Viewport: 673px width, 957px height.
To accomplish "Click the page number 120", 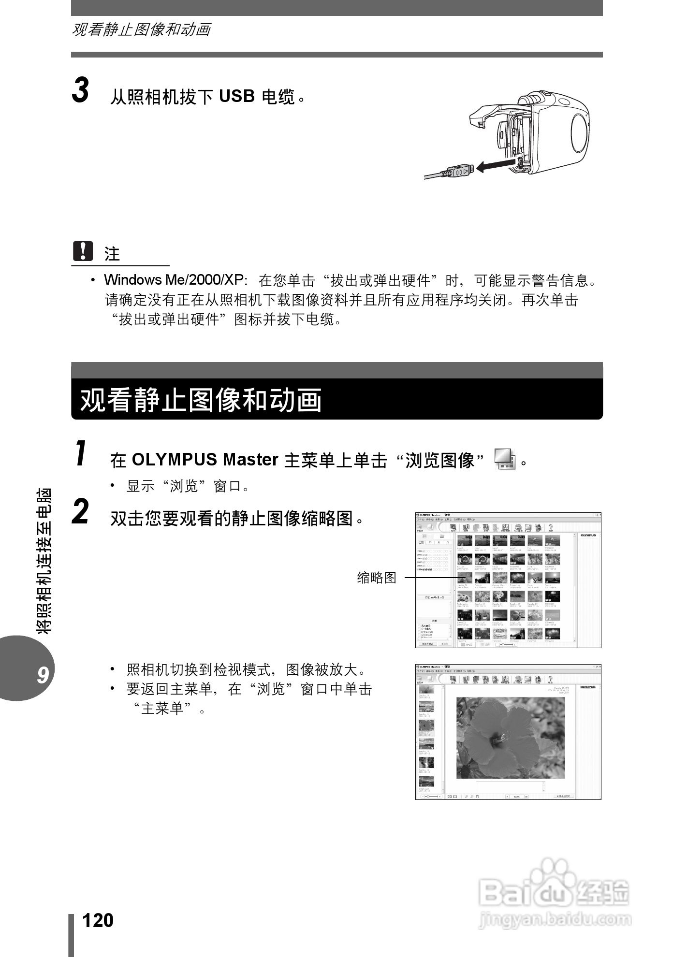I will tap(98, 920).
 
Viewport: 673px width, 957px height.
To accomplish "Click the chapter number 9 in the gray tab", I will tap(42, 675).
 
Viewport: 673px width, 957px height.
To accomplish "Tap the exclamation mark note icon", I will tap(83, 251).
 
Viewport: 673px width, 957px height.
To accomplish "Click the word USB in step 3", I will tap(237, 96).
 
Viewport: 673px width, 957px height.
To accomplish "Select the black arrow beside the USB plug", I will tap(494, 166).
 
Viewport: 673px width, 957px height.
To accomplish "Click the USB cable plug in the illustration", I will tap(459, 171).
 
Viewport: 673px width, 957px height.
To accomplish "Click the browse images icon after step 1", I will tap(505, 459).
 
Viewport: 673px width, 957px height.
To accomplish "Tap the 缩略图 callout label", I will tap(377, 577).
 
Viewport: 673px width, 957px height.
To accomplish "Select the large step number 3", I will tap(81, 90).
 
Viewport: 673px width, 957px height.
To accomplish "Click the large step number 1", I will tap(81, 454).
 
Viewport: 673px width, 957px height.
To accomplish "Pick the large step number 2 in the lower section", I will tap(81, 512).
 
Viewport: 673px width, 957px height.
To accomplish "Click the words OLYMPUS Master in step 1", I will tap(205, 459).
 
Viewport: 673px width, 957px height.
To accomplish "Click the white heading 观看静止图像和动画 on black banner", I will tap(201, 400).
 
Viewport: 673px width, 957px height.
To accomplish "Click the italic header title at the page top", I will tap(141, 29).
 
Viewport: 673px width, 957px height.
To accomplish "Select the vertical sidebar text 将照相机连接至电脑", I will tap(44, 561).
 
